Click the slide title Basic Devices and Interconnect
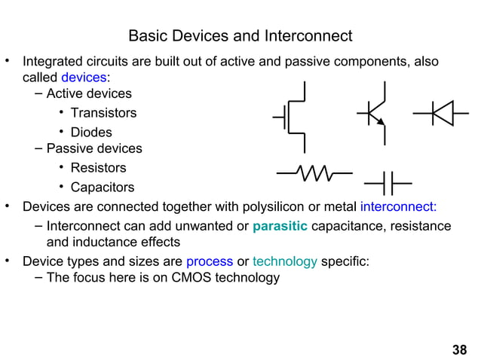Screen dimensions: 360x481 click(x=240, y=36)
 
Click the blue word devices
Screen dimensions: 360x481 click(x=84, y=78)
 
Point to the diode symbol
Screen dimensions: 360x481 click(x=441, y=114)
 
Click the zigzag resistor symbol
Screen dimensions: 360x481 click(x=314, y=173)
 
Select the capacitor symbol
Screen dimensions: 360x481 click(x=388, y=182)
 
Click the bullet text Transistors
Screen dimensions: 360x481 click(x=103, y=113)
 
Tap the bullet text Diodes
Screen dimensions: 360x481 click(x=91, y=133)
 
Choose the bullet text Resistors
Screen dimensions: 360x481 click(x=98, y=168)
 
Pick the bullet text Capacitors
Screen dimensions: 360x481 click(x=103, y=188)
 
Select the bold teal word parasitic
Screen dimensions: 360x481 click(x=280, y=226)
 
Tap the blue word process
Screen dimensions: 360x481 click(x=210, y=261)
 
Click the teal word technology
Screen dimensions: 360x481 click(x=285, y=261)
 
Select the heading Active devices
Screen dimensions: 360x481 click(x=89, y=94)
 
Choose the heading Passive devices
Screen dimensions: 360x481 click(x=94, y=149)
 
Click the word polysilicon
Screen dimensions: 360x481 click(x=267, y=206)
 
